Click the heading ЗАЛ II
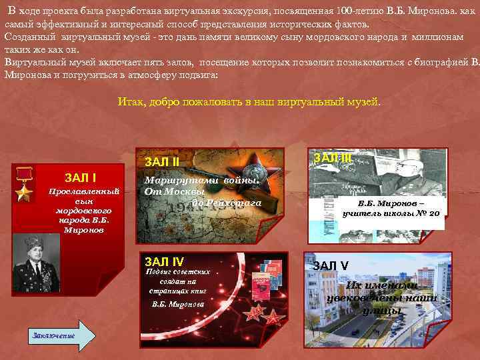coord(163,161)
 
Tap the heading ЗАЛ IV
coord(163,261)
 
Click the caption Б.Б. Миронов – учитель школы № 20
coord(391,208)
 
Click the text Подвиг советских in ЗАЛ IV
coord(177,271)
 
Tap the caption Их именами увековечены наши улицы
coord(381,298)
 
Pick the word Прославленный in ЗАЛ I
coord(84,191)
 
